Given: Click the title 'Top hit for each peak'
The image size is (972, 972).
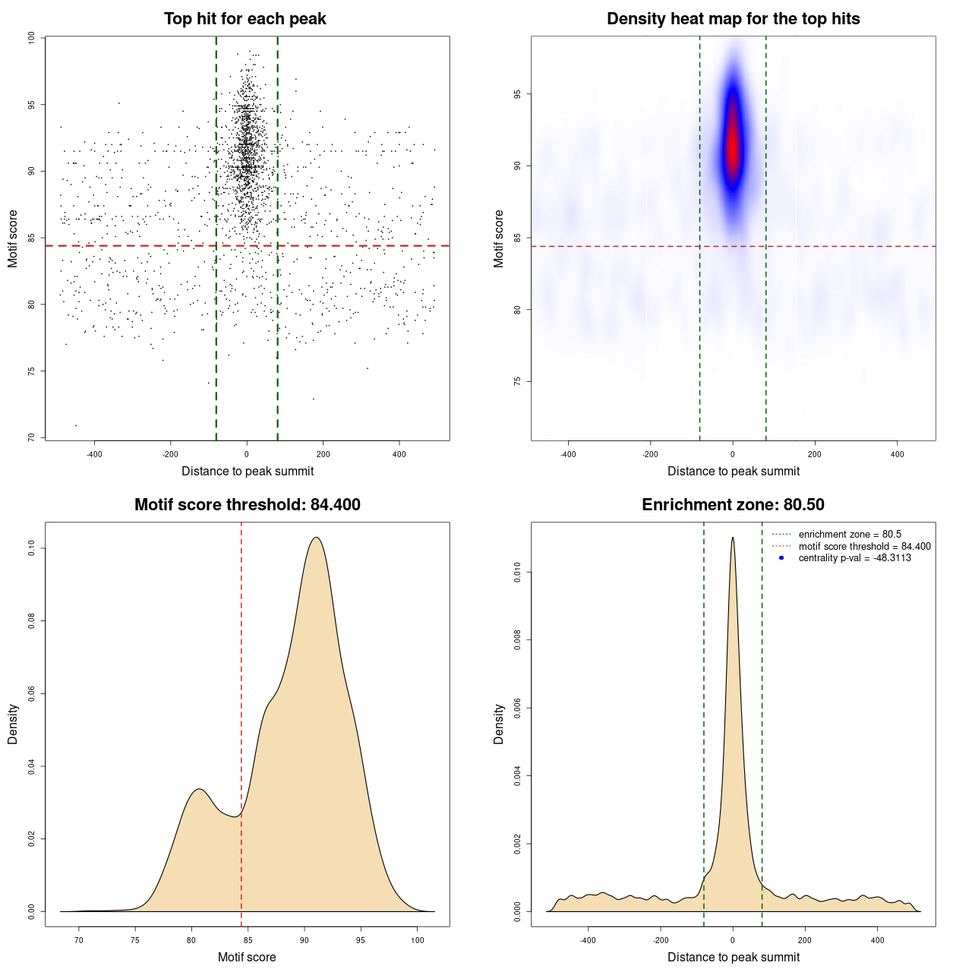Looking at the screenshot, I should tap(245, 19).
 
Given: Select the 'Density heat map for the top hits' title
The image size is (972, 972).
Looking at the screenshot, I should tap(733, 19).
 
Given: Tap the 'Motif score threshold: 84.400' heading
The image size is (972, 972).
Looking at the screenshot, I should tap(247, 505).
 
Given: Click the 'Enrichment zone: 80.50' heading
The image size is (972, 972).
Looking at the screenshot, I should tap(733, 505).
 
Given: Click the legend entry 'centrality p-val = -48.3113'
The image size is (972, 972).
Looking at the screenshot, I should tap(854, 558).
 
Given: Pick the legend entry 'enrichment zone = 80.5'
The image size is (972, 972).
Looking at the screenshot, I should tap(850, 535).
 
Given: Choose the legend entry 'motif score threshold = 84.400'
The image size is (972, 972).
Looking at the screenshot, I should tap(864, 547).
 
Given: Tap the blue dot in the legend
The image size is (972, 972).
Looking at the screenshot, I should tap(781, 558).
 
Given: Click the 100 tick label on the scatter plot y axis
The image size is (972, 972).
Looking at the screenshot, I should tap(31, 38).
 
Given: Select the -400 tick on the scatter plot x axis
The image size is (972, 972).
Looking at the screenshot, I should tap(94, 455).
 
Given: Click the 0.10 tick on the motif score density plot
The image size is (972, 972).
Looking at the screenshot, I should tap(31, 548).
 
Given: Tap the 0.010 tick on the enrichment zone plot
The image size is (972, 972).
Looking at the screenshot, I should tap(517, 573).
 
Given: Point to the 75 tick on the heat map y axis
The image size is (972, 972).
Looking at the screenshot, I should tap(517, 381).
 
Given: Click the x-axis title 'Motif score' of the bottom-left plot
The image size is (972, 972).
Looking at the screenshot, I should tap(247, 957).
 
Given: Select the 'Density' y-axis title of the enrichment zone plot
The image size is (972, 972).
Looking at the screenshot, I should tap(499, 724).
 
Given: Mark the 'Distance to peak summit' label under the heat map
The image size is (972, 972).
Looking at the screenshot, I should tap(733, 471).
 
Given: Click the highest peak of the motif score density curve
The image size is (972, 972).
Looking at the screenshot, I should tap(316, 538).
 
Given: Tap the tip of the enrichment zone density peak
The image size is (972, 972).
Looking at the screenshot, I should tap(733, 538).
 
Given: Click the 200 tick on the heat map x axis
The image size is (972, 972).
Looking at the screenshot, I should tap(815, 455).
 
